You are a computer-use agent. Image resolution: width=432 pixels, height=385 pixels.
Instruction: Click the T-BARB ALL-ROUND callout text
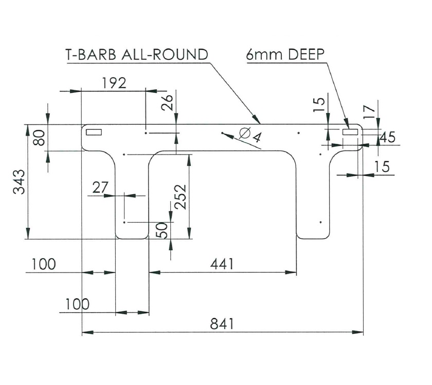pos(137,55)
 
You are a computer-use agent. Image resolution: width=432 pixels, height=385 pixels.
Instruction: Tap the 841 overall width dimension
pos(222,324)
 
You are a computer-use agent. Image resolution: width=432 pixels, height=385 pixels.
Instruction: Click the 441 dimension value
pos(222,264)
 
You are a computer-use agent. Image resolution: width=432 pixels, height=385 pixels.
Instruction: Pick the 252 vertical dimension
pos(180,197)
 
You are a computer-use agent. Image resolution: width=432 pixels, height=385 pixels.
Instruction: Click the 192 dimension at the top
pos(114,83)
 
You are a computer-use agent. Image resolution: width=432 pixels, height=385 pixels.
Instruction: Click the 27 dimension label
pos(100,187)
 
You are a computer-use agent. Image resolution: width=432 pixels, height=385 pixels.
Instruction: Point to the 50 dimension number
pos(162,229)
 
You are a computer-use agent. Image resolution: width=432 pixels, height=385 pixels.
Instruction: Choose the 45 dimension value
pos(388,137)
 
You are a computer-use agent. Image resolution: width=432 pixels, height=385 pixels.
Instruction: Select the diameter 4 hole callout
pos(250,135)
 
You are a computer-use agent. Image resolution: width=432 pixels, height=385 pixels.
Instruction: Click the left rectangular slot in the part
pos(94,132)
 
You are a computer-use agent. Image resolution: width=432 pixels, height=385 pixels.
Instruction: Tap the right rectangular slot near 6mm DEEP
pos(350,132)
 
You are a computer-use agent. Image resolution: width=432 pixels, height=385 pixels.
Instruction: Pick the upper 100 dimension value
pos(43,264)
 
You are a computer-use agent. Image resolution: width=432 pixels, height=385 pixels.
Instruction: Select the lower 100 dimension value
pos(77,304)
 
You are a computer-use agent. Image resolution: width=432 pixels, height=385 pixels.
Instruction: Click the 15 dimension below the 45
pos(382,166)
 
